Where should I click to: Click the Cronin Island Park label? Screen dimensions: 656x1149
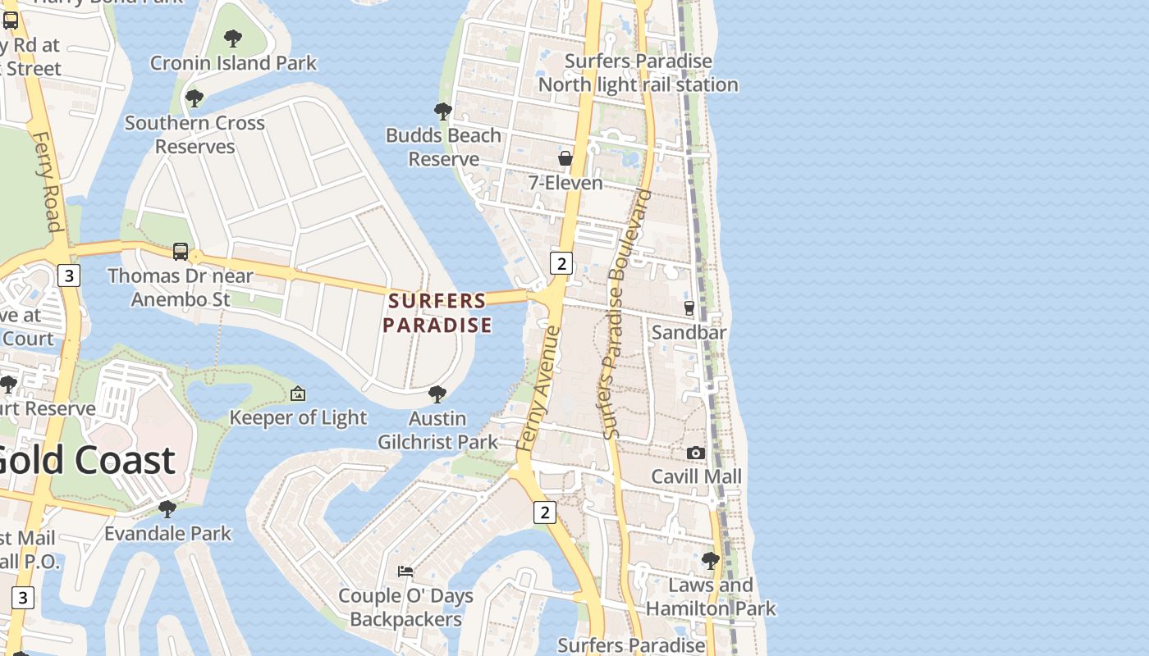(233, 63)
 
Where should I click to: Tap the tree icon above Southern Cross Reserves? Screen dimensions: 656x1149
(195, 98)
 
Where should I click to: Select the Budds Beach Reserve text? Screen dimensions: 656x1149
(443, 147)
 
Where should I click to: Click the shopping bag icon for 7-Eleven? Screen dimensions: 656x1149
(565, 157)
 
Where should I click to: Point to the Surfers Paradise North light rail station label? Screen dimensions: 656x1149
(638, 73)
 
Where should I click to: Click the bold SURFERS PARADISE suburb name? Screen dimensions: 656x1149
(437, 312)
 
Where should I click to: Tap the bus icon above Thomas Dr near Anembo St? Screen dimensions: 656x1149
(181, 252)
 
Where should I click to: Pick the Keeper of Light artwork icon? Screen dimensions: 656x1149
(298, 394)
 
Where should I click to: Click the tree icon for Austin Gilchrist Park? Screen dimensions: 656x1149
(437, 394)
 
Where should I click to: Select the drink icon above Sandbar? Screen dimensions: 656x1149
(689, 308)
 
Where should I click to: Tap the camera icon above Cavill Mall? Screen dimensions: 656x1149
(696, 453)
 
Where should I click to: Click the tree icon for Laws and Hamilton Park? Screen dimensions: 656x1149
(711, 561)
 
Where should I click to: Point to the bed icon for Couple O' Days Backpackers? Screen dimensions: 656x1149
(405, 571)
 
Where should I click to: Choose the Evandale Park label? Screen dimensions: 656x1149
(167, 533)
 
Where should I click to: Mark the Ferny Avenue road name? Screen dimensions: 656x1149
(539, 388)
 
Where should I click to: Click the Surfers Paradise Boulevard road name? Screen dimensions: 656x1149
(625, 314)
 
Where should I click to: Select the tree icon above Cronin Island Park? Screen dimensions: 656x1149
(233, 38)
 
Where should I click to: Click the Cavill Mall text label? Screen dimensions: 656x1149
(696, 476)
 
